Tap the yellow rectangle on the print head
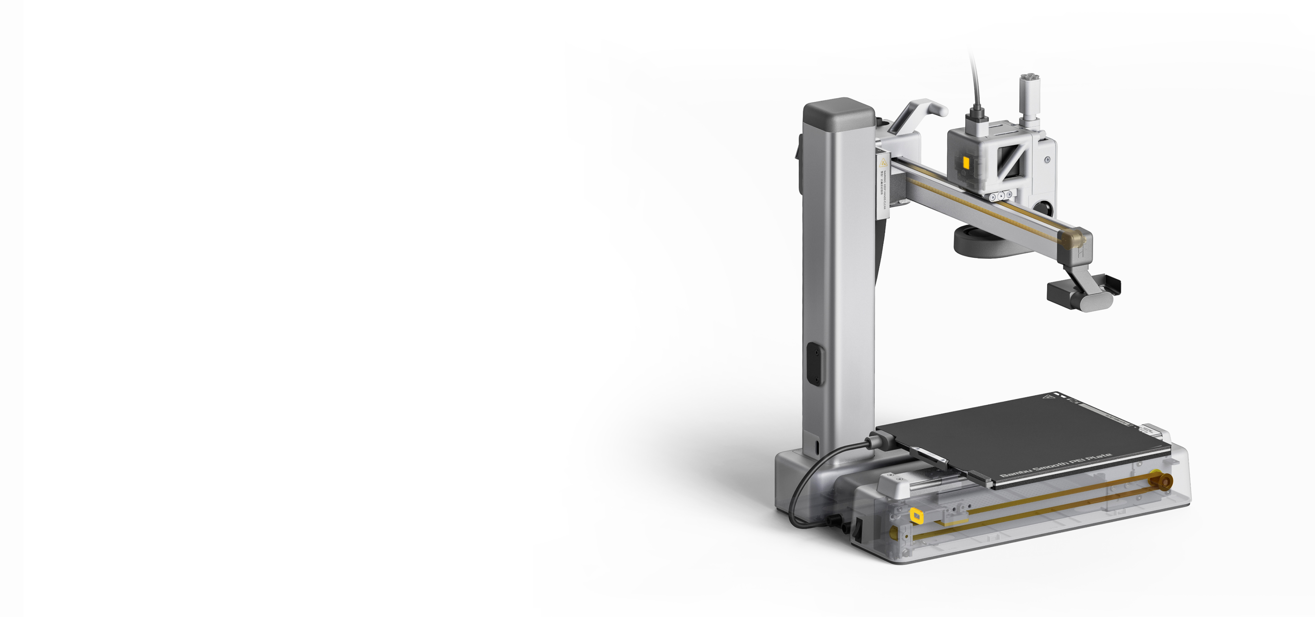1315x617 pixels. (966, 162)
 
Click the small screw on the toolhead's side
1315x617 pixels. (1047, 160)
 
